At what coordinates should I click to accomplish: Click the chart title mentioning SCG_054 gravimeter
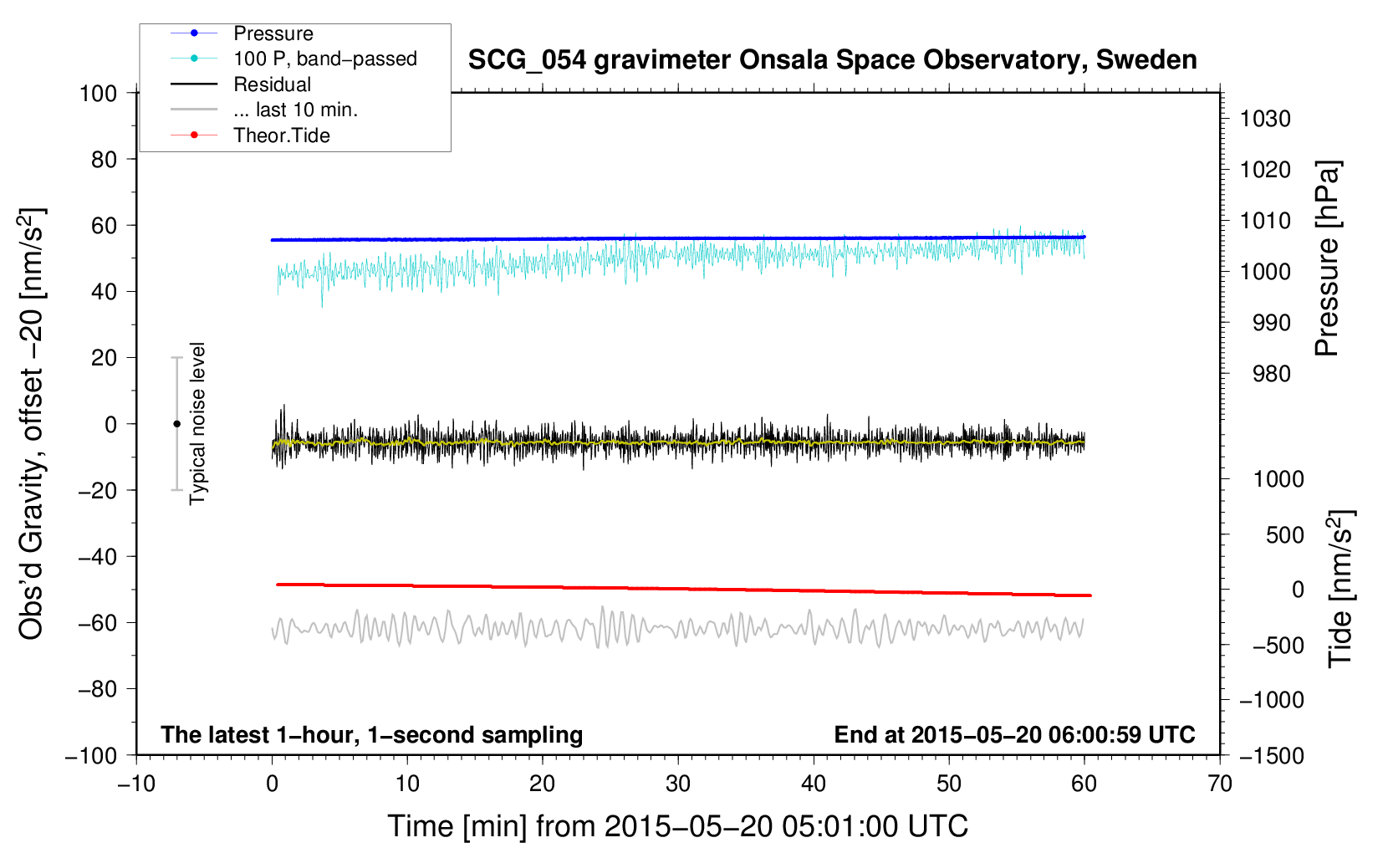point(832,60)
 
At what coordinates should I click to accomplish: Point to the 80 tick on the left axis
point(104,160)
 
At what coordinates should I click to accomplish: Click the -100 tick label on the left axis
point(91,756)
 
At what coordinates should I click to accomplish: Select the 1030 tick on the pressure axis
point(1265,119)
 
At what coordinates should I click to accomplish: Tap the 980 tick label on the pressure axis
point(1271,374)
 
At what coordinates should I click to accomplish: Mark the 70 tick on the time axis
point(1219,784)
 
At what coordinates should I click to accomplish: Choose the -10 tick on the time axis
point(136,784)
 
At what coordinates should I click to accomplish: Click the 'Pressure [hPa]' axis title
point(1327,258)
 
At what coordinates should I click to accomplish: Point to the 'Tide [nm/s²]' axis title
point(1340,589)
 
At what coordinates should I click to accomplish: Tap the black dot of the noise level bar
point(176,424)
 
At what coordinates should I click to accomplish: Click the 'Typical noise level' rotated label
point(197,424)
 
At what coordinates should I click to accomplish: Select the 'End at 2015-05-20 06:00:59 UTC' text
point(1014,734)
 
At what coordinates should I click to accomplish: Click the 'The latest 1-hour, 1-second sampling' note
point(372,735)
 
